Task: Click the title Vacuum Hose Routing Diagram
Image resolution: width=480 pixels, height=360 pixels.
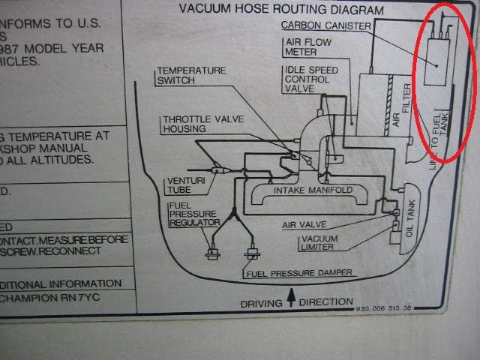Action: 281,10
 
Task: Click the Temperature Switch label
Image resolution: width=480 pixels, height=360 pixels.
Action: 190,76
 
